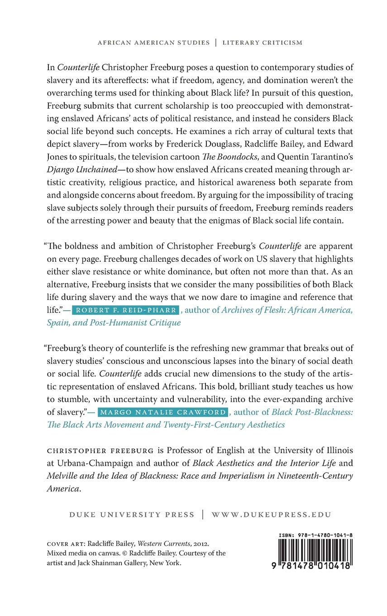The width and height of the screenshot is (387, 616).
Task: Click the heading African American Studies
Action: (x=153, y=43)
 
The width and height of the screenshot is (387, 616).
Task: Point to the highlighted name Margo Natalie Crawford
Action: (x=163, y=412)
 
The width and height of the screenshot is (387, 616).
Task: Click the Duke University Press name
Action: (x=132, y=515)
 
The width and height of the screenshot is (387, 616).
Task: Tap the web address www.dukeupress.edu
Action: (x=272, y=515)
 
